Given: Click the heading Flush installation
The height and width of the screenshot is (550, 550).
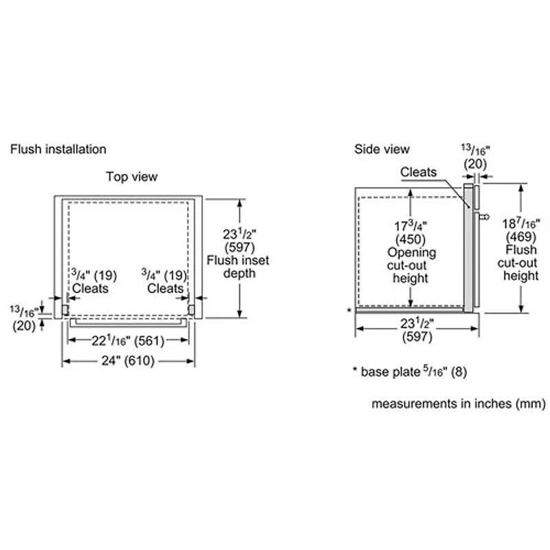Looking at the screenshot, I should [58, 149].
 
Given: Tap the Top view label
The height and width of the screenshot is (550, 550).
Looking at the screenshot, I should [131, 177].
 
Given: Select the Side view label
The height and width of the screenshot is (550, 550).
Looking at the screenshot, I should [382, 149].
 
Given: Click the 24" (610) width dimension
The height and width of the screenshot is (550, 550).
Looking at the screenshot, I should [129, 361].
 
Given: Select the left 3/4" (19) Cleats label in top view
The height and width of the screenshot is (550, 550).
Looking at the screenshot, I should [93, 281].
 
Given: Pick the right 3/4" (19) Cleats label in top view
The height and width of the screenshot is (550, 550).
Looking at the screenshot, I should [164, 281].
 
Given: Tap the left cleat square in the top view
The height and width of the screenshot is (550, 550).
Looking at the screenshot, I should [66, 310].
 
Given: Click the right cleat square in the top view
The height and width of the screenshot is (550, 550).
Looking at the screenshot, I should [192, 310].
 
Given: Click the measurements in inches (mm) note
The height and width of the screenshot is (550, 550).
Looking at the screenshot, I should [459, 404].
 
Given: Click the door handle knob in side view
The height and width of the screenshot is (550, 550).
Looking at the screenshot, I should [486, 217].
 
